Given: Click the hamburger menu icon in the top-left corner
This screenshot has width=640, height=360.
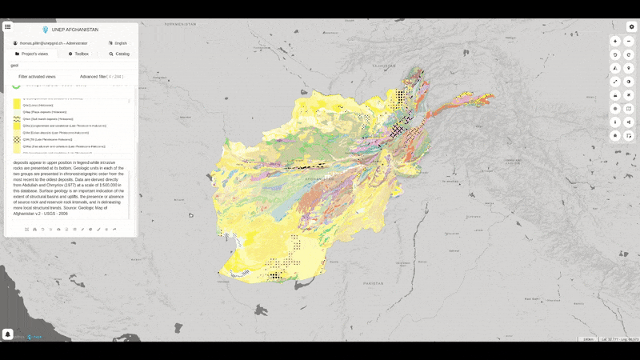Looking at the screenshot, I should [7, 26].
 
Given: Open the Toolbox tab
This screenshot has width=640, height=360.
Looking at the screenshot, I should [78, 54].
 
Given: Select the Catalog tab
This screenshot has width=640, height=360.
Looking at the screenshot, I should [119, 54].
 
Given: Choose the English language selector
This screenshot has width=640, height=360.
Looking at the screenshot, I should [118, 43].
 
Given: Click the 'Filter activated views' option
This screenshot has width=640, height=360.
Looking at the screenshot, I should [37, 77].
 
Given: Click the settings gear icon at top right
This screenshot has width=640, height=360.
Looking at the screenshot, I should [631, 26].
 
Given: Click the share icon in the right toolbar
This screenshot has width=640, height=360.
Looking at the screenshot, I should [629, 122].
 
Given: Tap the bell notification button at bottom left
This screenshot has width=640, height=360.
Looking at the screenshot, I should [7, 334].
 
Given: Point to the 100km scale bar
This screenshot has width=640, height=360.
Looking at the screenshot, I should [588, 340].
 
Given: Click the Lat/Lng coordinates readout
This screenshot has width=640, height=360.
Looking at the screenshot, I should [620, 340].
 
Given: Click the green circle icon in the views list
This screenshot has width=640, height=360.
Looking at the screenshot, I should [16, 85].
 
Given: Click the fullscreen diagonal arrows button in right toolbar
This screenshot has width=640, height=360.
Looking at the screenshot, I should [615, 82].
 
